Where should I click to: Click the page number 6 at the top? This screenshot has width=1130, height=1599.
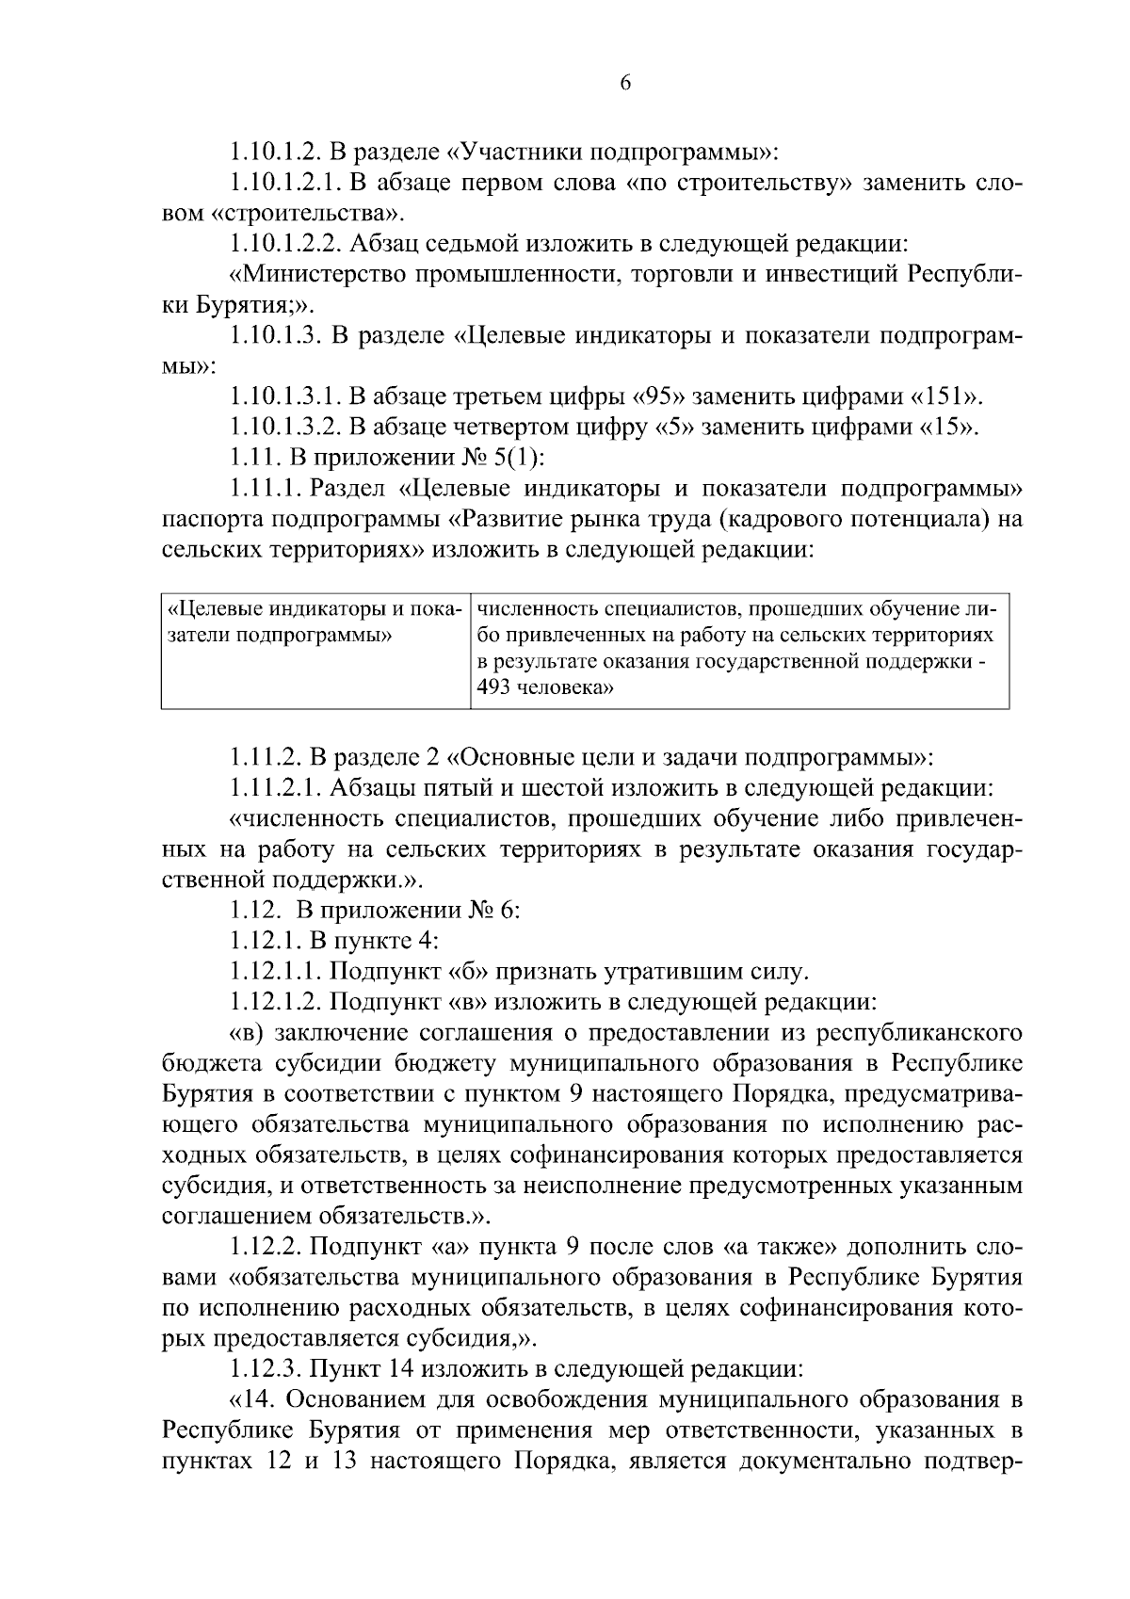click(624, 84)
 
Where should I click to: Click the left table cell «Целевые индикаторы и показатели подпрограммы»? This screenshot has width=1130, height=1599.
click(314, 621)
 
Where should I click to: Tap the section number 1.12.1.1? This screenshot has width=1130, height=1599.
click(277, 972)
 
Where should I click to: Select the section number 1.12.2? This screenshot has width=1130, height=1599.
click(266, 1248)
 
